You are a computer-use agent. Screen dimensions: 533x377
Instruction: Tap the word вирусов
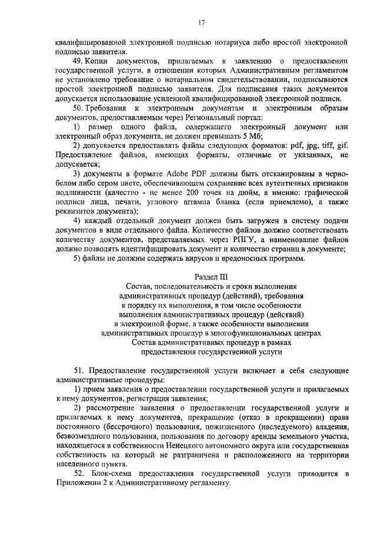click(x=209, y=259)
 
